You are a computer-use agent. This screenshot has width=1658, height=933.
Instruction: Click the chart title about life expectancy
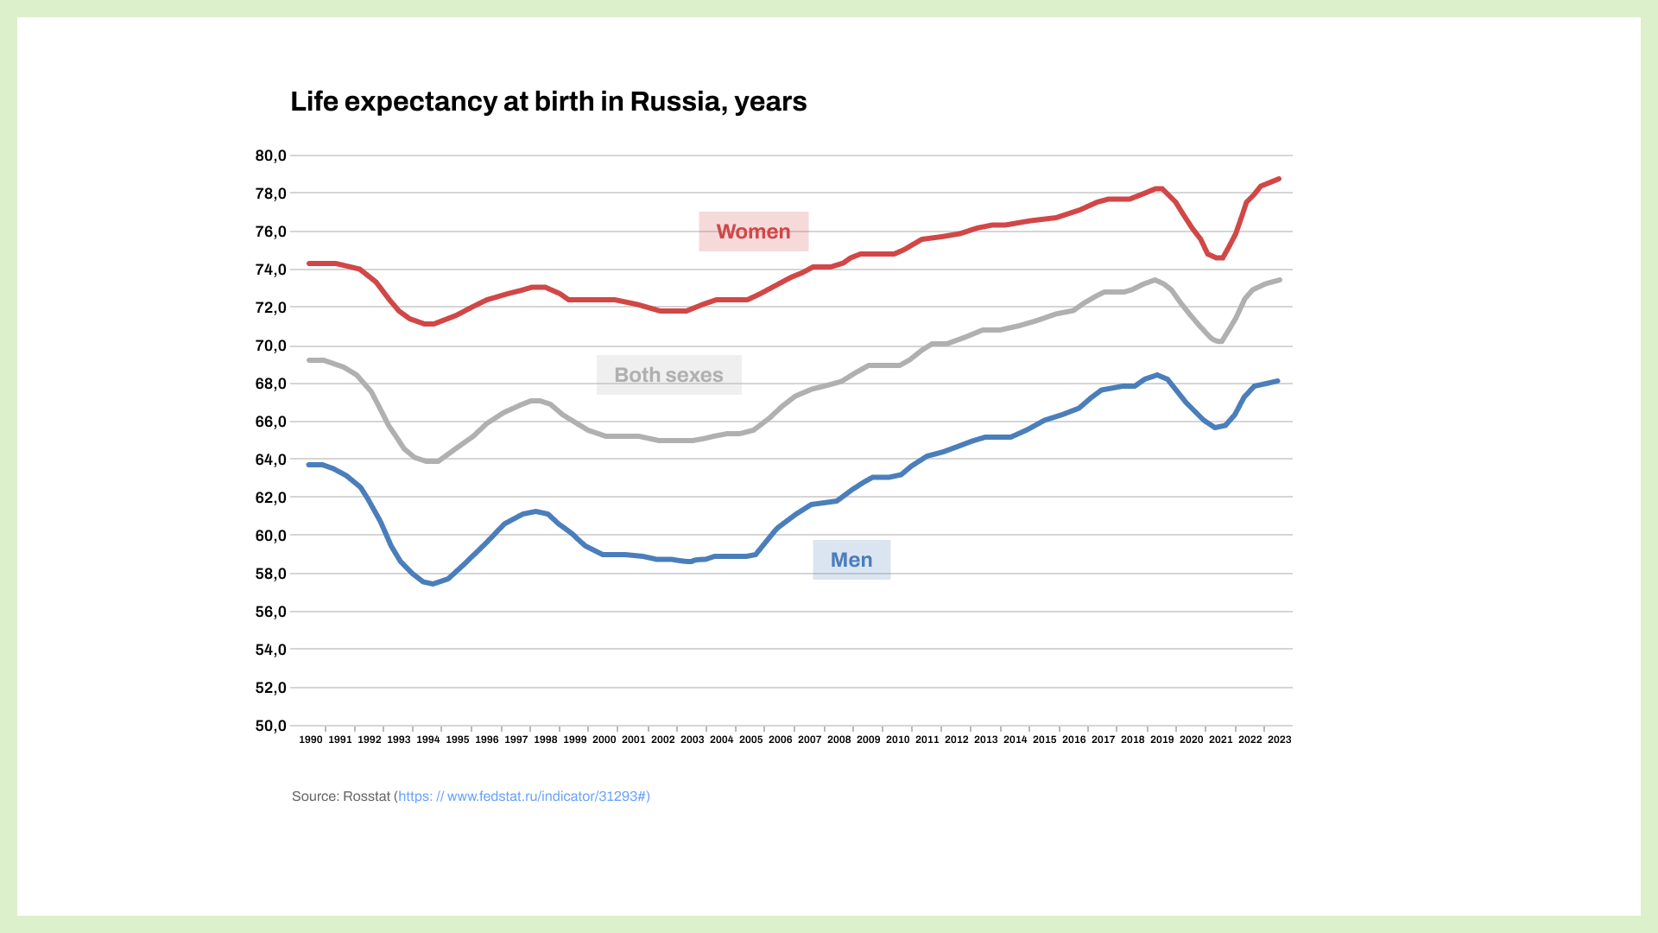pos(548,102)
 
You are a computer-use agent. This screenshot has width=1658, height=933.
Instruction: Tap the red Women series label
pos(753,232)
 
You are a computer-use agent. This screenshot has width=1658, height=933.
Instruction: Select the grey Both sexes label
pos(668,375)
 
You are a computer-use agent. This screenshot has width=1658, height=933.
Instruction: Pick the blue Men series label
pos(851,560)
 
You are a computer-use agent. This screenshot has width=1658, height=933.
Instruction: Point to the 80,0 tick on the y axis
pos(270,156)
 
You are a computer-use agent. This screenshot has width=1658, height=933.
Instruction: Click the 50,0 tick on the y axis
pos(270,727)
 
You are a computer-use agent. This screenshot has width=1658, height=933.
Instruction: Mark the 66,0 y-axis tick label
pos(270,422)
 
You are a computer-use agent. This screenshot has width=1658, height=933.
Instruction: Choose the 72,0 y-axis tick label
pos(270,308)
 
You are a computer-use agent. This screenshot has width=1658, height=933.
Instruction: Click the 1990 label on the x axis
pos(311,739)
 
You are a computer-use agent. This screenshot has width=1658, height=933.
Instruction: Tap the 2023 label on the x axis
pos(1279,739)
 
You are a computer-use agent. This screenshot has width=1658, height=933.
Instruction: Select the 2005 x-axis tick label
pos(751,739)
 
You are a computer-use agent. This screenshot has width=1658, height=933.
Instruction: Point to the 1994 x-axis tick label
pos(428,739)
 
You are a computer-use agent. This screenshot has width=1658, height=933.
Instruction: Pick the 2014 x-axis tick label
pos(1016,739)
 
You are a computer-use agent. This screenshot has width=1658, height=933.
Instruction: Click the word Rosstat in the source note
pos(366,797)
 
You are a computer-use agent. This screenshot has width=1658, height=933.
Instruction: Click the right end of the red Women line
pos(1278,179)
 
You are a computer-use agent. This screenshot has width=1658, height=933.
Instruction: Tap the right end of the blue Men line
pos(1277,381)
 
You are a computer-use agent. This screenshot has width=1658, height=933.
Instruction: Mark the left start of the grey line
pos(310,360)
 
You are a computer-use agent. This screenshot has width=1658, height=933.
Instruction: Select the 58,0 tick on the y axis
pos(270,574)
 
